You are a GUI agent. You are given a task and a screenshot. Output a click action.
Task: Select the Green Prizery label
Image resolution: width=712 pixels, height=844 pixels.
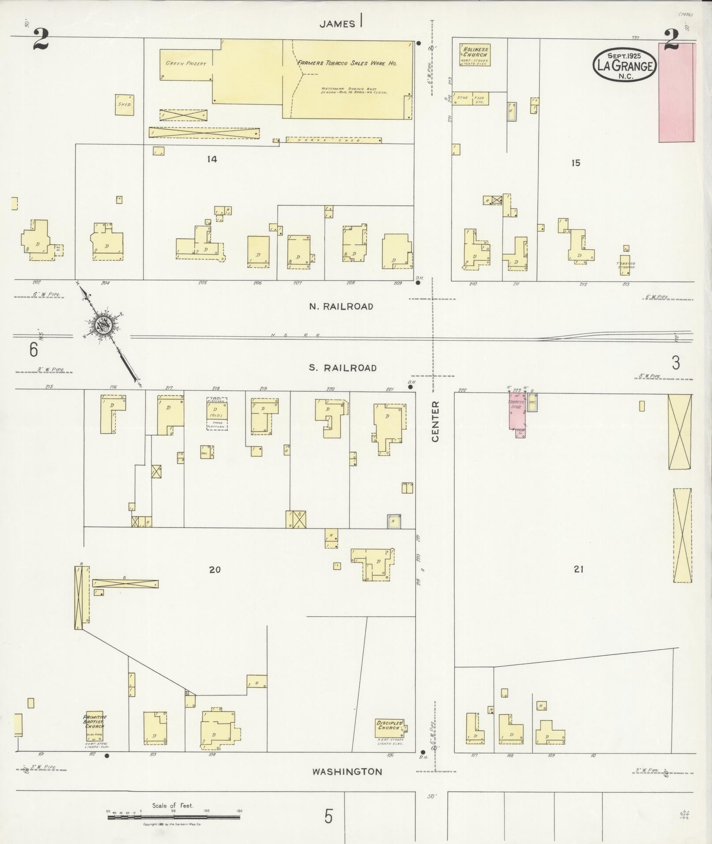186,64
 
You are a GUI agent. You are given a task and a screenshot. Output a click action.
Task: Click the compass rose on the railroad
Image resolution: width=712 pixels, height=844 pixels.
105,326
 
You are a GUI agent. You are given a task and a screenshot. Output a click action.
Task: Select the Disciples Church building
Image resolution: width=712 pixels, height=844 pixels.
391,726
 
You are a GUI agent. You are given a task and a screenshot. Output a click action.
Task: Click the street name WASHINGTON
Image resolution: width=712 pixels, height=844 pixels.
347,772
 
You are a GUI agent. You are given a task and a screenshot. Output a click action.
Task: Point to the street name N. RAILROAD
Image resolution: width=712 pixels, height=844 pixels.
341,306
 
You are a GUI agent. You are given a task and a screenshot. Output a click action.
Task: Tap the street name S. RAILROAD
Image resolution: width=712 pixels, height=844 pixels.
343,368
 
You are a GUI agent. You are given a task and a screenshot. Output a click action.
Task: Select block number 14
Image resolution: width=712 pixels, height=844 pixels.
212,159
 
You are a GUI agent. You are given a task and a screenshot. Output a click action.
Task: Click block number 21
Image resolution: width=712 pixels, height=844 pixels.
579,569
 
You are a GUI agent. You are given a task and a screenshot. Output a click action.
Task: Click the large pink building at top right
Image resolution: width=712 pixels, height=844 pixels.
677,93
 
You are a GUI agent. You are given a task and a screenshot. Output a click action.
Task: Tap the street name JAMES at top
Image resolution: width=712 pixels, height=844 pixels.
337,24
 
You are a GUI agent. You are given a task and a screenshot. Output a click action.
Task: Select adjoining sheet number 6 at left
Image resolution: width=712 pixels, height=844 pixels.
34,349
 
